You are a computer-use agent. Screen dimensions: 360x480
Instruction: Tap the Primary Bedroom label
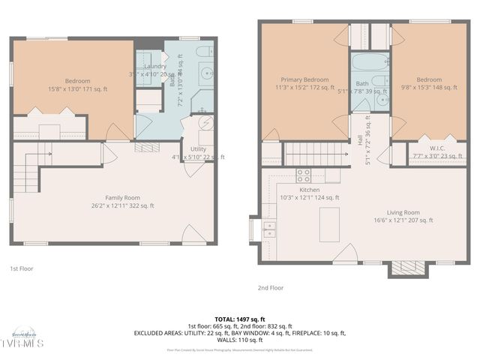(x=304, y=79)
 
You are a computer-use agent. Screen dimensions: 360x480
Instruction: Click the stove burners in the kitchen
(x=304, y=175)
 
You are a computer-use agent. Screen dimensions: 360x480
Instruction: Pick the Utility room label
(x=198, y=149)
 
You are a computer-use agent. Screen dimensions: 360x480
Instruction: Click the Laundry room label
(x=154, y=66)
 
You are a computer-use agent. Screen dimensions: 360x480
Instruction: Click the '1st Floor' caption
(x=21, y=268)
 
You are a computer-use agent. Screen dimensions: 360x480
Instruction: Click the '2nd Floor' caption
(x=271, y=286)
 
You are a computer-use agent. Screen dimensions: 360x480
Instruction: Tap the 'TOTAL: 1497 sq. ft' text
(x=239, y=319)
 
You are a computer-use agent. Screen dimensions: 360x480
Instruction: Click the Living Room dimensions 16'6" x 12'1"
(x=403, y=220)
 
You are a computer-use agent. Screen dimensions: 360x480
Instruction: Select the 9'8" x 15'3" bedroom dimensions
(x=428, y=87)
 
